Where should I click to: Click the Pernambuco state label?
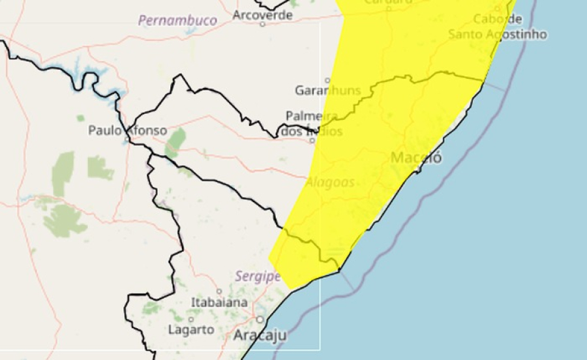point(177,21)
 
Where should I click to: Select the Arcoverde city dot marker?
point(263,24)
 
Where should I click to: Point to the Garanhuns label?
point(327,91)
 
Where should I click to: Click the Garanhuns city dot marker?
point(328,81)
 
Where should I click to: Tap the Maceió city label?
point(416,158)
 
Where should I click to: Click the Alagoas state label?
point(330,182)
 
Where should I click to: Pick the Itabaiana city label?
point(220,303)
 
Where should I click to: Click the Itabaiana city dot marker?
point(219,292)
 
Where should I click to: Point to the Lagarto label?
point(191,330)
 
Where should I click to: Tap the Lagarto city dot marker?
point(190,320)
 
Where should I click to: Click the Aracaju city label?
point(260,336)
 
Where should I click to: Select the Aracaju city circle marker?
point(260,320)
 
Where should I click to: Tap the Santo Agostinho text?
point(498,34)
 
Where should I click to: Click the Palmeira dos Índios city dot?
point(312,140)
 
